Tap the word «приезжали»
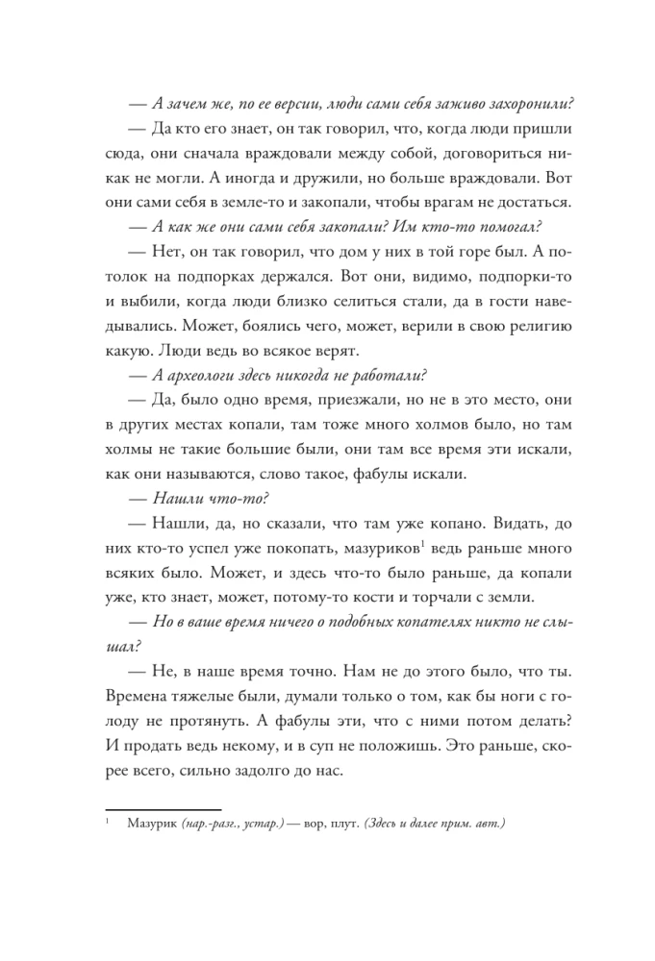click(x=346, y=399)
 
